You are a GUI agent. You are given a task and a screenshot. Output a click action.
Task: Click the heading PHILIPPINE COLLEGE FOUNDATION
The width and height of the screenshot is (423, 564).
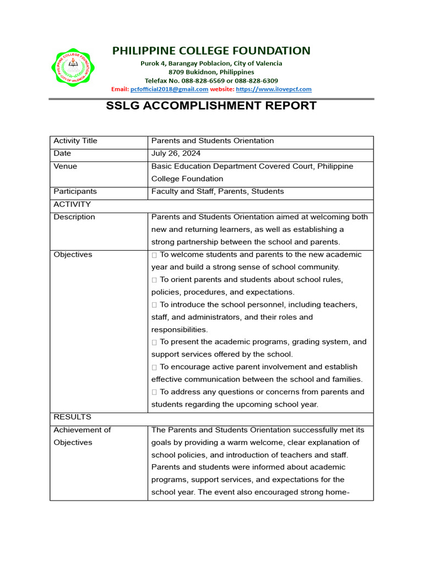point(211,51)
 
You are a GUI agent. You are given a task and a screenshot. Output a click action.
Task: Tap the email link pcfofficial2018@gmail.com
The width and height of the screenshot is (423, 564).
point(169,89)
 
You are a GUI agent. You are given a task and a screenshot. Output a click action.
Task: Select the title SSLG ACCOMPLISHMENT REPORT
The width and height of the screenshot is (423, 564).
point(211,106)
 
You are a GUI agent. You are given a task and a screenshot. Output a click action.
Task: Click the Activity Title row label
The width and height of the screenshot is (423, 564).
point(75,141)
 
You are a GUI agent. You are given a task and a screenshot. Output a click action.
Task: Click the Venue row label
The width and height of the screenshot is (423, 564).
point(65,166)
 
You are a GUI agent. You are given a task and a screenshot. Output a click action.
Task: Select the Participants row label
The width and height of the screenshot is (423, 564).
point(75,192)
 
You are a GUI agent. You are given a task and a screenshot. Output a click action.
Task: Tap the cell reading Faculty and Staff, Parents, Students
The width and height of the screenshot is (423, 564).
point(218,192)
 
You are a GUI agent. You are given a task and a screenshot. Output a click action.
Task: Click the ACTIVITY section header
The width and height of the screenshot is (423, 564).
point(72,204)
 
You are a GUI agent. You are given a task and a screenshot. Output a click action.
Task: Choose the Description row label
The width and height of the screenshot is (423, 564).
point(74,217)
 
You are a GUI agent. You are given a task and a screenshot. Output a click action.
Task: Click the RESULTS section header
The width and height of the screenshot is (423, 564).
point(72,417)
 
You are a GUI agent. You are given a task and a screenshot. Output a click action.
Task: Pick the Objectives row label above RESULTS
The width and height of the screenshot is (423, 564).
point(73,254)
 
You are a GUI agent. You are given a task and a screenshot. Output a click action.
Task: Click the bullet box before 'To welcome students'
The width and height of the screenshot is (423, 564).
point(155,255)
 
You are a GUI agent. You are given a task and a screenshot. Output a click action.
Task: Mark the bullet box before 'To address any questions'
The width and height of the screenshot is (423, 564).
point(155,392)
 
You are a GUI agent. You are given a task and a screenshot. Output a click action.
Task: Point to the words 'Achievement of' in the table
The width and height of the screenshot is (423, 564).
point(82,430)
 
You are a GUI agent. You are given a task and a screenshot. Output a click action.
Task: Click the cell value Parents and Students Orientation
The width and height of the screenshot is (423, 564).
point(213,141)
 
